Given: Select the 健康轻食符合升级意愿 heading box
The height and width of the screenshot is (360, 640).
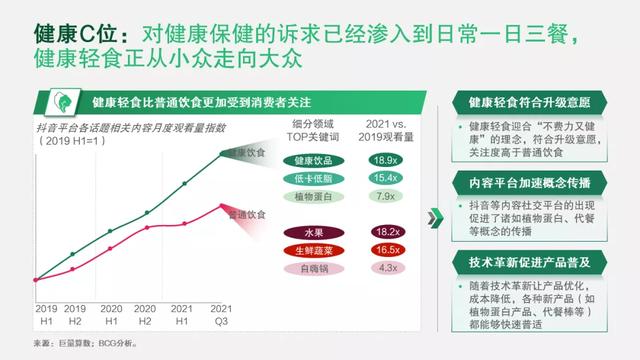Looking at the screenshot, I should [529, 102].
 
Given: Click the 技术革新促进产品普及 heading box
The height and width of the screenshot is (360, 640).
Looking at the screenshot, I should [529, 262].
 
